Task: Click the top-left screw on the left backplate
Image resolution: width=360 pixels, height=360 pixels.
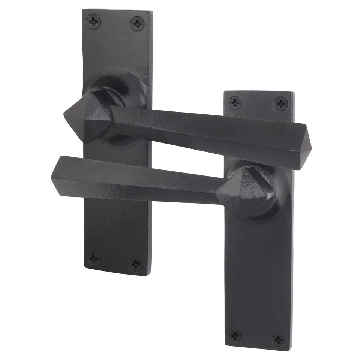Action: [x=93, y=21]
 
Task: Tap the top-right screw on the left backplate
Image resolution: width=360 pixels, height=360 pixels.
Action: [x=137, y=24]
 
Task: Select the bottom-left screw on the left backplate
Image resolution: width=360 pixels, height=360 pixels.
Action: [x=93, y=258]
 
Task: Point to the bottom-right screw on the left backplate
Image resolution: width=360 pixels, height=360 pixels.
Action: [x=136, y=264]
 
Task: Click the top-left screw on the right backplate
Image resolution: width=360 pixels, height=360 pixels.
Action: [x=235, y=103]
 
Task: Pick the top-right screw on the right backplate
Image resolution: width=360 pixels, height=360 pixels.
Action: [x=281, y=103]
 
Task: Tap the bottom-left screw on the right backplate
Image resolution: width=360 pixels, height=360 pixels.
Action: [x=235, y=335]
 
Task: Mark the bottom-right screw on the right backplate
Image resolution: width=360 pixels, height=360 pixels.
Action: [x=278, y=339]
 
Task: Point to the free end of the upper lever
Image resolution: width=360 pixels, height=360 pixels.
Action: [x=302, y=146]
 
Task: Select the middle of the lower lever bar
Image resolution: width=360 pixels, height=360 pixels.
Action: [x=139, y=180]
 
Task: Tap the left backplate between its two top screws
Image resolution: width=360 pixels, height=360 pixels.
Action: [x=115, y=22]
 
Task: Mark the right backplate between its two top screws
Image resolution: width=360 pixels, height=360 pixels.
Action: [x=258, y=103]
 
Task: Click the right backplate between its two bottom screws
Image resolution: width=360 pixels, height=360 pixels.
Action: [x=257, y=337]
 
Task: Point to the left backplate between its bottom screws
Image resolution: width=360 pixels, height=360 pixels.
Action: [x=115, y=261]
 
